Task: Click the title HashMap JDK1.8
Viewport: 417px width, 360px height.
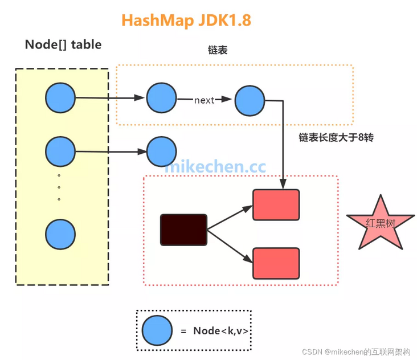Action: (x=186, y=21)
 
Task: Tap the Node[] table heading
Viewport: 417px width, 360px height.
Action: (x=63, y=44)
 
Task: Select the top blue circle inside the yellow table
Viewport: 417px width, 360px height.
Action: (x=60, y=97)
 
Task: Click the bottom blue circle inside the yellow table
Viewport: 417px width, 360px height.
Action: (x=60, y=234)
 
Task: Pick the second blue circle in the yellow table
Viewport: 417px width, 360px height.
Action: (x=60, y=152)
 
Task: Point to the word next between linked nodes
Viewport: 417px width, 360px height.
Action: (x=204, y=100)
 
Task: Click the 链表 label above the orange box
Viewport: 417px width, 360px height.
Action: (x=218, y=50)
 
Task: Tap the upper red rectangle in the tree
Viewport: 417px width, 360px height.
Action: (x=276, y=204)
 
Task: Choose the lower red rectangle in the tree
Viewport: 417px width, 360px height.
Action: (x=276, y=263)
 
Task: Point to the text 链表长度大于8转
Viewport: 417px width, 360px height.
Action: (x=336, y=138)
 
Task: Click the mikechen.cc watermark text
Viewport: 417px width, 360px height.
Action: (x=215, y=167)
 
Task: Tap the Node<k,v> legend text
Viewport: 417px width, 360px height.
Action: (x=219, y=331)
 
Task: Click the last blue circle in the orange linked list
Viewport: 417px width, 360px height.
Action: (x=250, y=100)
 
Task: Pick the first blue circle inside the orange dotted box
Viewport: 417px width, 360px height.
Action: (x=161, y=97)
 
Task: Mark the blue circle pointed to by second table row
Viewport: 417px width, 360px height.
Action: (x=161, y=152)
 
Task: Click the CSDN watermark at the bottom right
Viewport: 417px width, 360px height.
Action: (x=355, y=351)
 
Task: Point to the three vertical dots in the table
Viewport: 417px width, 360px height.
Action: (x=59, y=187)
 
